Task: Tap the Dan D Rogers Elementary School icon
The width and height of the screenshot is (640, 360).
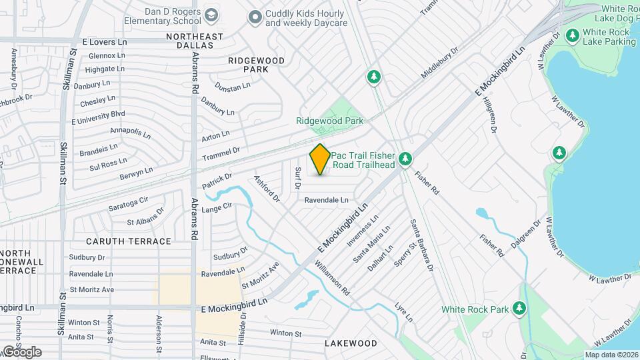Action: pyautogui.click(x=211, y=15)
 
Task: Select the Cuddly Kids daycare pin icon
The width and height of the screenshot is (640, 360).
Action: pyautogui.click(x=254, y=17)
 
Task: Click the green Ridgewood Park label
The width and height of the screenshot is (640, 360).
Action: pyautogui.click(x=330, y=121)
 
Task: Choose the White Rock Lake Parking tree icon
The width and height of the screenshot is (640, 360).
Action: pyautogui.click(x=571, y=35)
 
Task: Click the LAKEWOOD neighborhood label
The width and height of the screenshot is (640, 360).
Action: pyautogui.click(x=351, y=343)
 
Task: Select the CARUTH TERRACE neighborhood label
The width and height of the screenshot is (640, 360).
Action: pyautogui.click(x=129, y=241)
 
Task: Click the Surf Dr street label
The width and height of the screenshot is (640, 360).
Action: pyautogui.click(x=297, y=177)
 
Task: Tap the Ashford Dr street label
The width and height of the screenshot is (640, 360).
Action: pyautogui.click(x=266, y=188)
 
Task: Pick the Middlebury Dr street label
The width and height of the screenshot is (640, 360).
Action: pyautogui.click(x=440, y=63)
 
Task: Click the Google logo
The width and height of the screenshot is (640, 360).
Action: pyautogui.click(x=21, y=351)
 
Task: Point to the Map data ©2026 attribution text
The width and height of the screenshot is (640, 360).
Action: pyautogui.click(x=611, y=355)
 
